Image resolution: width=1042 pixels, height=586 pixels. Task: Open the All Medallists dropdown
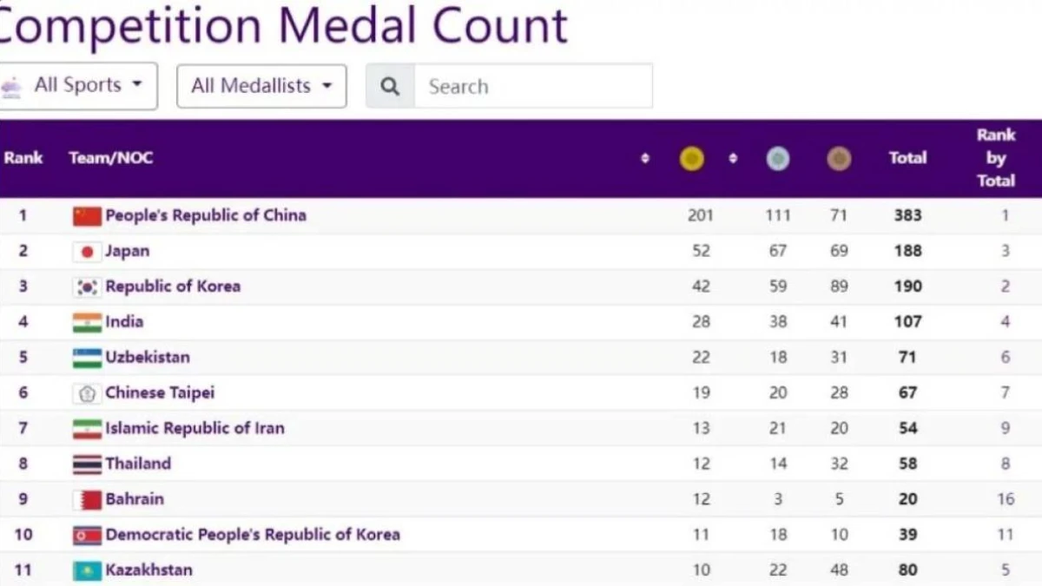261,86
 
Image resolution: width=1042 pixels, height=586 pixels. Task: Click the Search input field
532,86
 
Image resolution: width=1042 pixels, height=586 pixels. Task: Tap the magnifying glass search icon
391,86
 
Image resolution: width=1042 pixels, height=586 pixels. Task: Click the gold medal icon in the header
691,159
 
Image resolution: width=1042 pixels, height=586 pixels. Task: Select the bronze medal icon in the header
839,159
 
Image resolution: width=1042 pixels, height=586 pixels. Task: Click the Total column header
907,158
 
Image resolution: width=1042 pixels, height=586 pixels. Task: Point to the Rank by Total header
996,158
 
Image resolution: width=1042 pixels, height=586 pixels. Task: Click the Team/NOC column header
111,158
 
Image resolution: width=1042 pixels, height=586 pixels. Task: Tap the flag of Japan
87,252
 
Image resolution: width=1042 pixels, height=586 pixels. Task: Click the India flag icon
87,322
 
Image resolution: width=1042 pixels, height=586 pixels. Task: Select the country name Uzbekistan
148,357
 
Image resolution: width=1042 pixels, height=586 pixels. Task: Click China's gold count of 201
700,215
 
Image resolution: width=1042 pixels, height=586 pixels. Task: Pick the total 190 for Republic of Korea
908,286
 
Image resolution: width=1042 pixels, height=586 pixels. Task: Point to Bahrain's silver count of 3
778,499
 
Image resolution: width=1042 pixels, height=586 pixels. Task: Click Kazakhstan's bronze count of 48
839,570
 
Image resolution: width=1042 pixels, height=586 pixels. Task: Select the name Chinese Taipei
160,392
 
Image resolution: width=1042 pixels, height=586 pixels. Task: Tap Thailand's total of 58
908,464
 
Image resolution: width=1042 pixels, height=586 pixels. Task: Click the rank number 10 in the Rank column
23,535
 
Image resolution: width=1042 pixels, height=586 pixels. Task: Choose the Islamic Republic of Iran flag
87,428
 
